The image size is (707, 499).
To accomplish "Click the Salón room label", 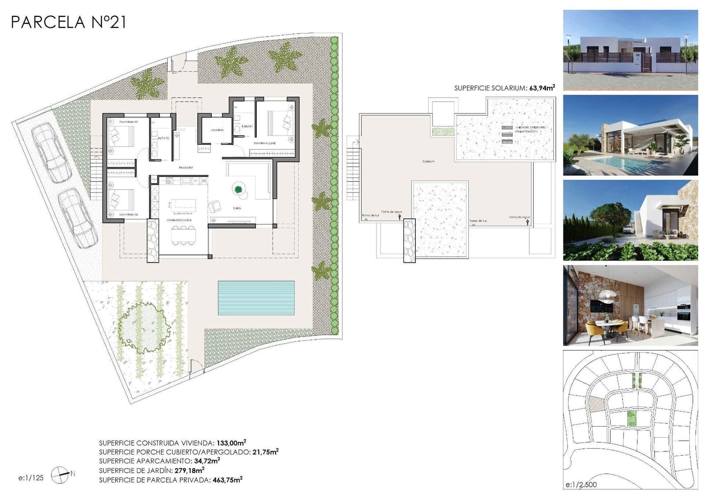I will pos(237,208).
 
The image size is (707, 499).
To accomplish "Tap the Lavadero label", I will pos(217,130).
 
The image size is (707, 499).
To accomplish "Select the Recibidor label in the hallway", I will pos(186,167).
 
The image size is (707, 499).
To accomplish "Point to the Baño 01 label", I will pos(247,126).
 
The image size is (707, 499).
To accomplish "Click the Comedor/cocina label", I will pos(179,219).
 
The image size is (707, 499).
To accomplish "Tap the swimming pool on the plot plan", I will pos(256,298).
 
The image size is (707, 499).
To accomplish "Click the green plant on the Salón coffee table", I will pos(238,190).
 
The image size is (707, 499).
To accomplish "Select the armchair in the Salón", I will pos(215,206).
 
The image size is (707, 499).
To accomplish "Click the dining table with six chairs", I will pos(183,235).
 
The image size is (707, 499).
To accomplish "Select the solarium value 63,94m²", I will pos(542,88).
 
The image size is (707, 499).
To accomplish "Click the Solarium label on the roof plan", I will pos(428,162).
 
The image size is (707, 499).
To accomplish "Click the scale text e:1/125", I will pos(31,478).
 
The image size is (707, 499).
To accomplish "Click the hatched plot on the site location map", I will pos(597,404).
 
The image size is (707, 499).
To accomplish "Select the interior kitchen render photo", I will pos(630,305).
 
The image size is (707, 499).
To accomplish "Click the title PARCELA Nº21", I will pos(68,22).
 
